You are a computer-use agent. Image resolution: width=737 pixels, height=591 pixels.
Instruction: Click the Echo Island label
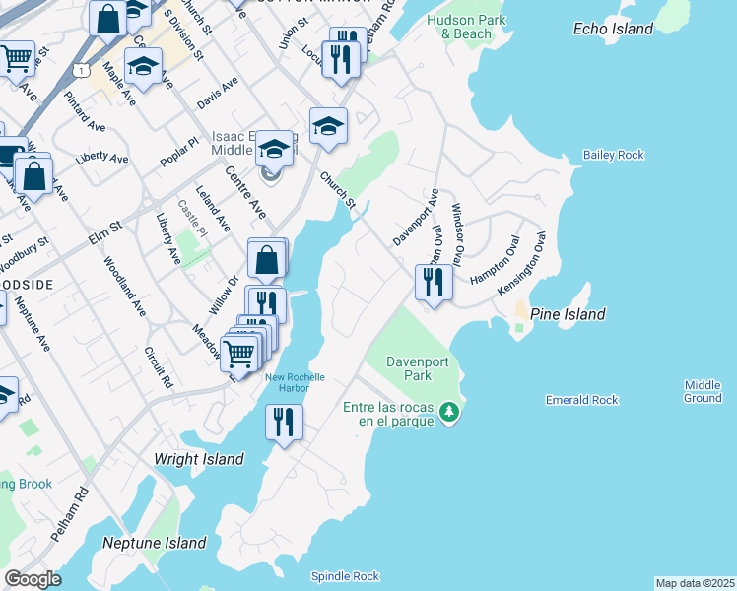[x=613, y=29]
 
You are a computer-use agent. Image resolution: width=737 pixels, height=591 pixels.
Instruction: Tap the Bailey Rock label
[x=613, y=155]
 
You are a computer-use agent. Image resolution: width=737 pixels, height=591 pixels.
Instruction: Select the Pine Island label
[x=567, y=314]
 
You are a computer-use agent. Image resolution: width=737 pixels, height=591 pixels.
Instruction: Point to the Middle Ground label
[x=703, y=391]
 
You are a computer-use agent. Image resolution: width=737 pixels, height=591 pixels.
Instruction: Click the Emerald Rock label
[x=582, y=400]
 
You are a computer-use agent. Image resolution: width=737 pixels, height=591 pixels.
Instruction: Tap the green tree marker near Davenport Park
[x=450, y=411]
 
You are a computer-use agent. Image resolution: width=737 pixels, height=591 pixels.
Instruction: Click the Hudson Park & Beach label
[x=458, y=27]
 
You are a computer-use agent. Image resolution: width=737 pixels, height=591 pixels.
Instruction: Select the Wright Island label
[x=198, y=459]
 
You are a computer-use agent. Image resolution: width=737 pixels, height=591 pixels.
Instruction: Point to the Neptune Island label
[x=155, y=543]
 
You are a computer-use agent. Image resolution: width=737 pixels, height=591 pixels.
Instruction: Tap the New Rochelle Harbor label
[x=294, y=382]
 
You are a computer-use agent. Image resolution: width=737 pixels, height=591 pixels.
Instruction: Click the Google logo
[x=33, y=578]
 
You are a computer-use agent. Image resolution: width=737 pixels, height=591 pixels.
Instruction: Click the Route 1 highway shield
[x=86, y=68]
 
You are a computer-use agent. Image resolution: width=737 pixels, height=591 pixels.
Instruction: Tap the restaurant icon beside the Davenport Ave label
[x=434, y=283]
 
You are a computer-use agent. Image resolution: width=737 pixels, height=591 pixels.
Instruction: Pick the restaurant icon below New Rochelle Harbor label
[x=283, y=423]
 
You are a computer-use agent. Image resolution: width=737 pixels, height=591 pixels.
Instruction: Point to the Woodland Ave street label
[x=124, y=287]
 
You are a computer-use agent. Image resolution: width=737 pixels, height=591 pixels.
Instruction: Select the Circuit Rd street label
[x=159, y=366]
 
